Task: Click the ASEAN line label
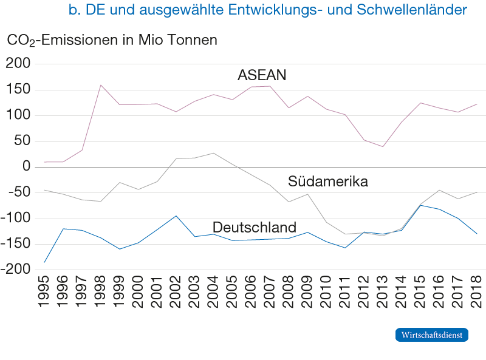point(262,75)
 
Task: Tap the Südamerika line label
point(328,182)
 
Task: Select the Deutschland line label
point(254,227)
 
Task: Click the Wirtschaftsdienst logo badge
point(432,335)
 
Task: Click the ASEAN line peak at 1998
point(100,84)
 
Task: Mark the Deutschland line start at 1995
point(44,262)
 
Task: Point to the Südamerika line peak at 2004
point(213,153)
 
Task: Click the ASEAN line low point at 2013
point(383,147)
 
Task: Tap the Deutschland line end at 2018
point(477,234)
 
